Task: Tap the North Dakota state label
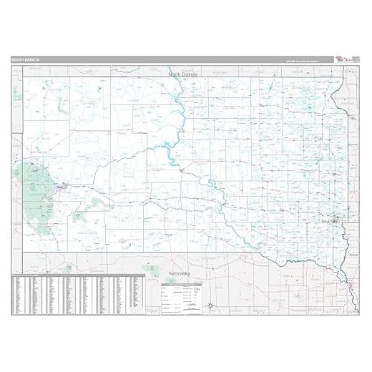pos(182,74)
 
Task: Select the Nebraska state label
pos(176,273)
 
